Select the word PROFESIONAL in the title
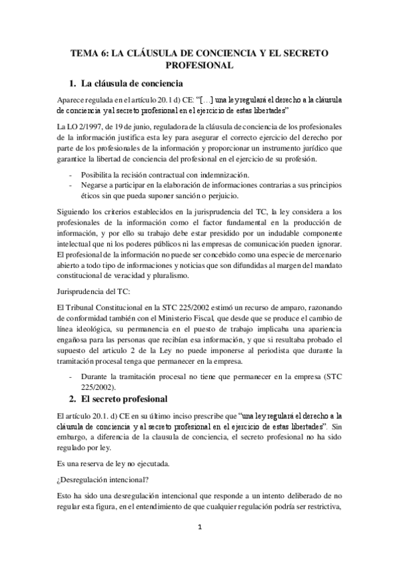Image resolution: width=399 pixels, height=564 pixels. click(199, 65)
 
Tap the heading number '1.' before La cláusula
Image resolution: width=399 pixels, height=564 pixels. click(74, 84)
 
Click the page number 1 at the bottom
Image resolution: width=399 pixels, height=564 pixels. click(199, 527)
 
